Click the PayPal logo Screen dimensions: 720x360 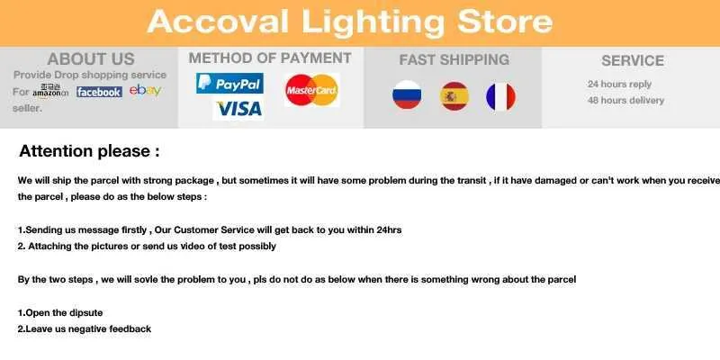point(229,84)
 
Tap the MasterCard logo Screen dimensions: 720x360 point(311,90)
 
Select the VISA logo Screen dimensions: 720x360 point(238,109)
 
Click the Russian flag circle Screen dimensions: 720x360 point(407,95)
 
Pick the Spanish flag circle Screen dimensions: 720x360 point(454,96)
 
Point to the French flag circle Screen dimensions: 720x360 point(501,97)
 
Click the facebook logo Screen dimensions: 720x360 point(99,92)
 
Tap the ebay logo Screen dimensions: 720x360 point(145,90)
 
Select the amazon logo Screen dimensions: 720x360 point(50,91)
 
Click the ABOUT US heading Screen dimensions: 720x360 point(91,59)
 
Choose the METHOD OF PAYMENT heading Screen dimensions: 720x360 point(270,58)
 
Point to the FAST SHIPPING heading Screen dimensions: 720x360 point(454,59)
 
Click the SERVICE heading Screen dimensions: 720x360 point(633,60)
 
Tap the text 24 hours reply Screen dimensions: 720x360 point(619,85)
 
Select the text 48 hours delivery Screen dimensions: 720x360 point(625,100)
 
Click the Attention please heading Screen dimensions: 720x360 point(89,151)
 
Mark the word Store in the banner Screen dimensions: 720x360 point(505,21)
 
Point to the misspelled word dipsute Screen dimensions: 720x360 point(85,312)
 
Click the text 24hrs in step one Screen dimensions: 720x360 point(389,229)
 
